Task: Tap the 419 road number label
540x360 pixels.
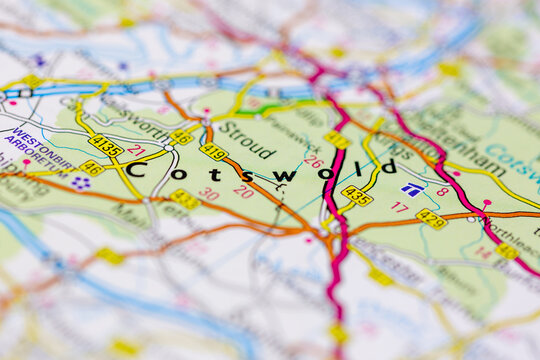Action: coord(214,152)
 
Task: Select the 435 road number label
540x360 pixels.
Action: coord(356,195)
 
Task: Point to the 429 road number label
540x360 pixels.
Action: coord(431,218)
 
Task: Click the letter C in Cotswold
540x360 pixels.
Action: coord(133,170)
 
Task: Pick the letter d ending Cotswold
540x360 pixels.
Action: coord(389,166)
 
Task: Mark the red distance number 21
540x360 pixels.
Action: coord(136,151)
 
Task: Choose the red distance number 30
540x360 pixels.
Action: coord(208,193)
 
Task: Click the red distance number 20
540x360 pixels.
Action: coord(243,192)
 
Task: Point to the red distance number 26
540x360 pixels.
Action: coord(314,161)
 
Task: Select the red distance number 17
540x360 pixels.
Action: coord(400,207)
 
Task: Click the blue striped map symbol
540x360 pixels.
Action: coord(411,188)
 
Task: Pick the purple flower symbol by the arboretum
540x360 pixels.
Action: coord(81,182)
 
